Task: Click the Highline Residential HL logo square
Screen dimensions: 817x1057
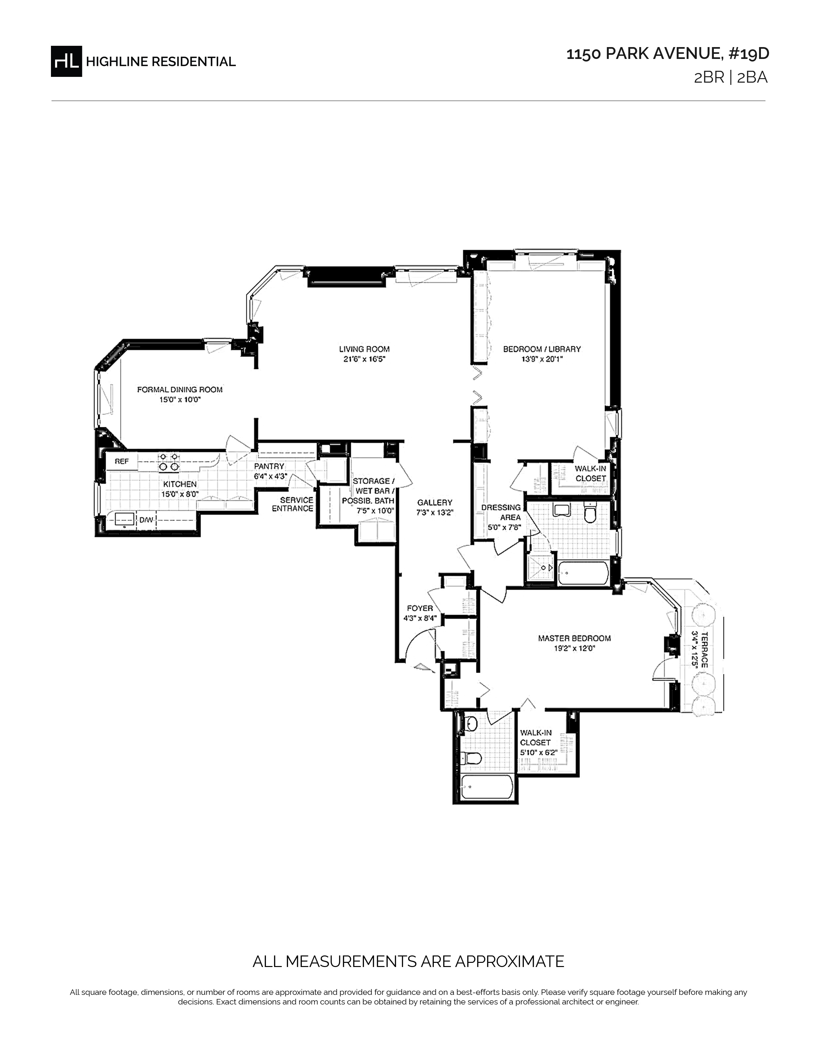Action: pos(66,61)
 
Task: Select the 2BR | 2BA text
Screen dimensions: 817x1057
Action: pos(731,78)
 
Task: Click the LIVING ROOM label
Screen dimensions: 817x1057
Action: pos(364,349)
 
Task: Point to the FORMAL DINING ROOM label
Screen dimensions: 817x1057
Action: pos(179,389)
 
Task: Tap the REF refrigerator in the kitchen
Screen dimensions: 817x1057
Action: pos(121,461)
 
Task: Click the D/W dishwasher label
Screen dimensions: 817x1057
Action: pos(146,520)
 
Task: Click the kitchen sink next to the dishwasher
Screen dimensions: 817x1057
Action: pos(124,520)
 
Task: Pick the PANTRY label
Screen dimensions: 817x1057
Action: pos(269,466)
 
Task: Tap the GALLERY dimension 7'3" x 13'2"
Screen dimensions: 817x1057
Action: pos(435,512)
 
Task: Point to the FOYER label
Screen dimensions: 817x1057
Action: pos(420,608)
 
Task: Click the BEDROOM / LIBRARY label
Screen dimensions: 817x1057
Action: pos(541,349)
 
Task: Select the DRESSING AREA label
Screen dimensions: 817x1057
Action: pos(501,512)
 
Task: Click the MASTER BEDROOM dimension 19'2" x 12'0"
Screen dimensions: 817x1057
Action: pos(574,648)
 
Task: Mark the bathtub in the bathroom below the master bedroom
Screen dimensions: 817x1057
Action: pos(487,787)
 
